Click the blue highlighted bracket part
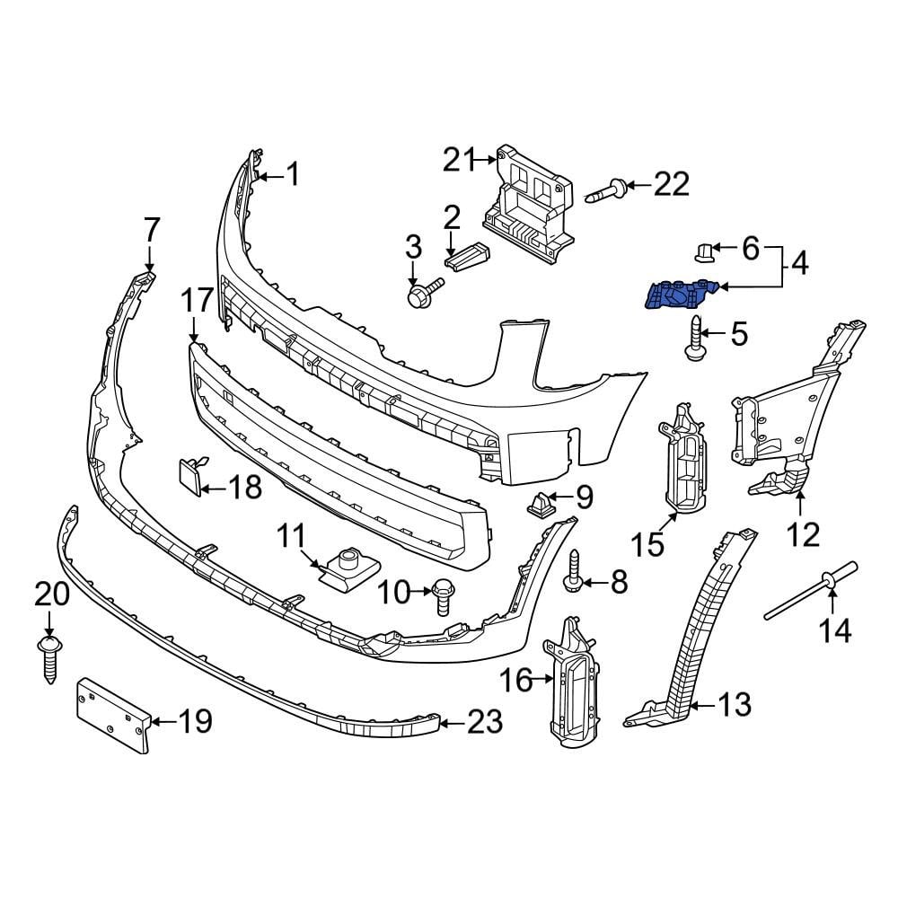pos(679,294)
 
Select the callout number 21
pos(459,161)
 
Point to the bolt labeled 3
pos(421,292)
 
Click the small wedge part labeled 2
pos(467,255)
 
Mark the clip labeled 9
pos(541,506)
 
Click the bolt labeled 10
pos(443,596)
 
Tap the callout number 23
pos(485,721)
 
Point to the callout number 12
pos(803,534)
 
